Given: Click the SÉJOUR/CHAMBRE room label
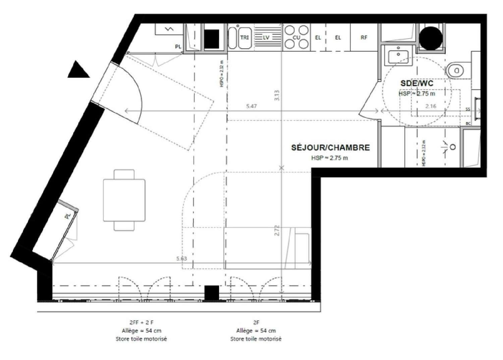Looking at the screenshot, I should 330,148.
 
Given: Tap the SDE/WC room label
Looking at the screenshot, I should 416,83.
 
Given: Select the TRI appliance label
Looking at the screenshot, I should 244,38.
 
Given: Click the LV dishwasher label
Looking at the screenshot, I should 266,38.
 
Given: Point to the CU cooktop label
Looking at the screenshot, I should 296,38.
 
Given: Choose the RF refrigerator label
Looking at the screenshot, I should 364,38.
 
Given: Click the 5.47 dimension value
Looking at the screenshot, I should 251,106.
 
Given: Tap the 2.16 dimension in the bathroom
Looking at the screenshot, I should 431,106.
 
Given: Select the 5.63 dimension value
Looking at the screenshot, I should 181,258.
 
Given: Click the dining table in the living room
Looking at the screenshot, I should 124,200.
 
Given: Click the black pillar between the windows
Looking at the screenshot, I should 212,293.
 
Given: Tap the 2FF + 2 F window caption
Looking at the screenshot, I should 141,323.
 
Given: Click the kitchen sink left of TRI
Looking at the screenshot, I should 232,38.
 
